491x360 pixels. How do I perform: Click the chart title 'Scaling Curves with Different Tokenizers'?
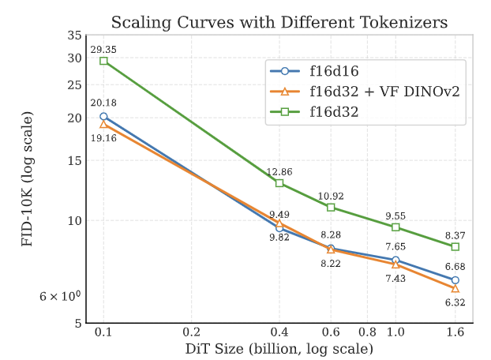tap(279, 22)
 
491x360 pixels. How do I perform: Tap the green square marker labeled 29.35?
tap(103, 61)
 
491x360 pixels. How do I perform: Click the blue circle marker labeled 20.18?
tap(103, 116)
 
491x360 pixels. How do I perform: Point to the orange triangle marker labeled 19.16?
tap(103, 124)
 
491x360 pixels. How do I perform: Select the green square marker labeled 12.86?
tap(279, 183)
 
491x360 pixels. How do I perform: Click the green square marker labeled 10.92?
tap(331, 207)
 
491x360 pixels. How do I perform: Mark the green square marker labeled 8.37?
tap(455, 247)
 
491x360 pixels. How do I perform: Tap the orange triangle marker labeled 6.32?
tap(455, 288)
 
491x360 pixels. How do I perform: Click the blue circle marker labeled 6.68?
tap(455, 280)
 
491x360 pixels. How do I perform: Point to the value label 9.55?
tap(395, 215)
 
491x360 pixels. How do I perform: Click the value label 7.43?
tap(395, 279)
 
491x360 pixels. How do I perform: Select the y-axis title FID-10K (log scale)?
tap(27, 179)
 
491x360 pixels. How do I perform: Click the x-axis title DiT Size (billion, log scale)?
tap(279, 348)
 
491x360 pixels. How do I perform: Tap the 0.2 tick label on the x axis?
tap(191, 332)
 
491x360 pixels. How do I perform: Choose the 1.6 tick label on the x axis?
tap(455, 332)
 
